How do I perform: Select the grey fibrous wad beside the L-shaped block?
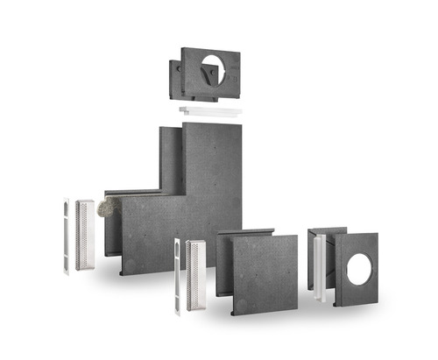[x=109, y=208]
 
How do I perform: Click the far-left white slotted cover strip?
[x=66, y=236]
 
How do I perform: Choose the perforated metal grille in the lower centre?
[x=196, y=276]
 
